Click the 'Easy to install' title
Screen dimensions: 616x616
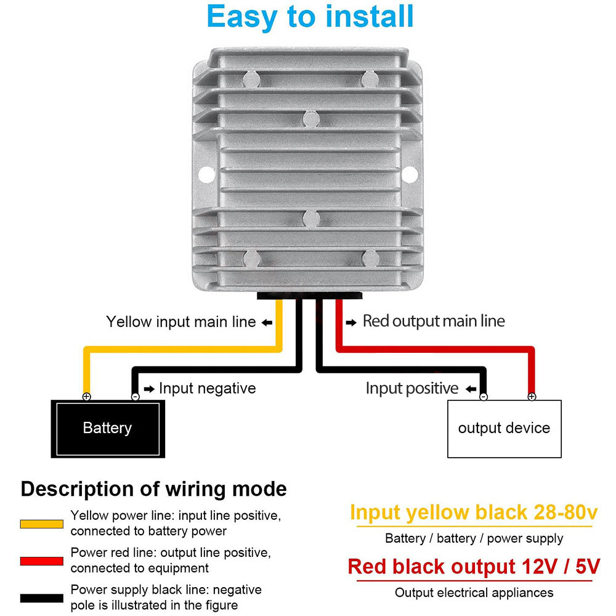tap(310, 17)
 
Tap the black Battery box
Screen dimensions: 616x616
tap(108, 429)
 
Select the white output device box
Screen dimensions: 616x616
tap(505, 429)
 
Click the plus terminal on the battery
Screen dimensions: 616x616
tap(86, 396)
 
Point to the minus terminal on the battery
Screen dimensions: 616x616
tap(135, 396)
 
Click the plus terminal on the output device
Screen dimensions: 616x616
tap(532, 396)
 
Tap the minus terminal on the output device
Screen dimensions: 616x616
tap(484, 396)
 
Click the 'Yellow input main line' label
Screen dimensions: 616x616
tap(181, 322)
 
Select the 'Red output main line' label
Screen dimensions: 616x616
tap(434, 321)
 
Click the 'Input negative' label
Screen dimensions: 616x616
tap(208, 389)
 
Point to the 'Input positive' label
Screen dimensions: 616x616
tap(412, 389)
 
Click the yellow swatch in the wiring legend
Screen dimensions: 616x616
tap(42, 524)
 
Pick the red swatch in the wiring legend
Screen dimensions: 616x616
tap(42, 561)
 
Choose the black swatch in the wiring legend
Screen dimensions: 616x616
tap(42, 598)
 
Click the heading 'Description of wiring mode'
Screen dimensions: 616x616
tap(153, 490)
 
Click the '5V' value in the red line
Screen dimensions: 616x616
tap(588, 567)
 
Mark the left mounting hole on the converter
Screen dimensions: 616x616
tap(206, 174)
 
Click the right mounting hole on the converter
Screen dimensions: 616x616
tap(410, 174)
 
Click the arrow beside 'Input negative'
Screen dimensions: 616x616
tap(149, 389)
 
